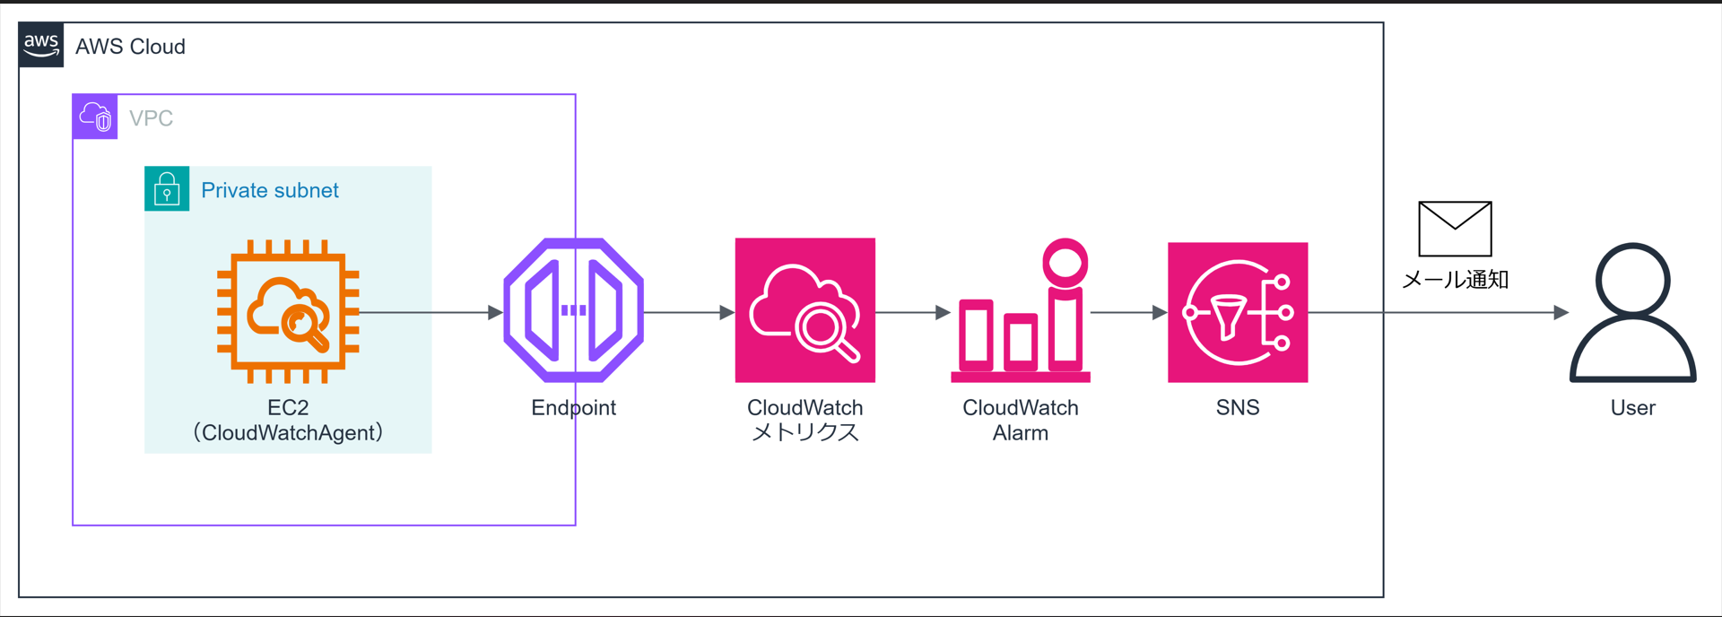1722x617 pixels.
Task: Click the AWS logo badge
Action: pos(41,45)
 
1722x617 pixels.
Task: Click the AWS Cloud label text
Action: pos(130,47)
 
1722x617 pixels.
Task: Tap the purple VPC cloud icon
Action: pos(95,117)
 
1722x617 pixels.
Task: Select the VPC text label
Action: pos(151,118)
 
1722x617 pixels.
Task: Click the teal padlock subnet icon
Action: pos(167,188)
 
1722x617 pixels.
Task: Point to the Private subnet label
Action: pos(269,190)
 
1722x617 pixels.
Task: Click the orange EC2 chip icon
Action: pos(288,311)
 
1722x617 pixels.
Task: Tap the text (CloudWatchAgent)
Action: pos(288,433)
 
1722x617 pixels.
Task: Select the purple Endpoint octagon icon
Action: pos(573,310)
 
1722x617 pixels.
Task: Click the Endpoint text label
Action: pos(573,408)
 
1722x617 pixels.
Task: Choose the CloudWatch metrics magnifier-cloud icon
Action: pos(804,310)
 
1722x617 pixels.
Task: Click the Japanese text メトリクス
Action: pos(804,433)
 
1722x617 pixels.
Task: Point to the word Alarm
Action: pos(1020,433)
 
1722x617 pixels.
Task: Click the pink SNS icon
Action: pos(1238,312)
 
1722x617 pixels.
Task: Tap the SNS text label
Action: pos(1238,408)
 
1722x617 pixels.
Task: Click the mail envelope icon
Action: pos(1455,229)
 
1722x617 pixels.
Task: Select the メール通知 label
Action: pos(1455,280)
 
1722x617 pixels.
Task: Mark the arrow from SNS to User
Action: pos(1435,313)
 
